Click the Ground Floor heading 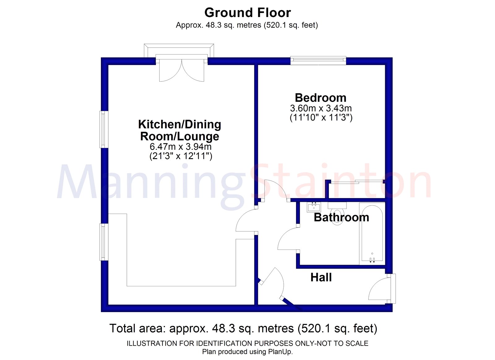pyautogui.click(x=247, y=13)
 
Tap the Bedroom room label pyautogui.click(x=321, y=98)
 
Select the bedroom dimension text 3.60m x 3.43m pyautogui.click(x=321, y=108)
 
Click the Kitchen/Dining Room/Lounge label pyautogui.click(x=180, y=130)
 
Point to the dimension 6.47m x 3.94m pyautogui.click(x=181, y=146)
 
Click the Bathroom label pyautogui.click(x=341, y=217)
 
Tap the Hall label pyautogui.click(x=321, y=277)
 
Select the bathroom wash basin pyautogui.click(x=314, y=206)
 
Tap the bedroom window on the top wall pyautogui.click(x=318, y=60)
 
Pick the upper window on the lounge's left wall pyautogui.click(x=104, y=129)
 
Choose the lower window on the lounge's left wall pyautogui.click(x=104, y=242)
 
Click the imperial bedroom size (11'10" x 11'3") pyautogui.click(x=321, y=118)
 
